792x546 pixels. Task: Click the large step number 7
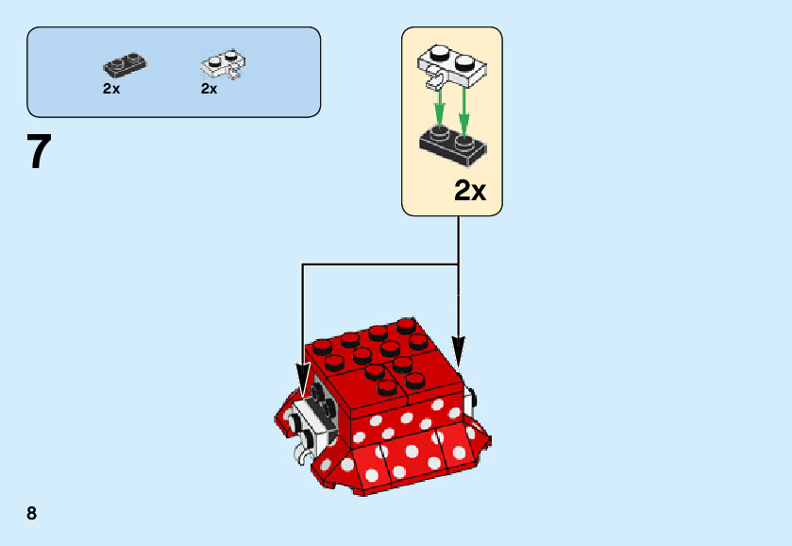point(39,152)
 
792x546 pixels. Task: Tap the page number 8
point(32,513)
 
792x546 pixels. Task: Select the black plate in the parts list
point(125,66)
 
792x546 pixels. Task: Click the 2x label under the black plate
point(111,89)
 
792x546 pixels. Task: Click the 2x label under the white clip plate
point(210,89)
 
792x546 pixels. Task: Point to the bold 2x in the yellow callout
point(470,191)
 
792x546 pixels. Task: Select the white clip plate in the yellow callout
point(451,63)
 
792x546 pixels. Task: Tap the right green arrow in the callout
point(463,106)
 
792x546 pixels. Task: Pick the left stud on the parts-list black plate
point(117,61)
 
